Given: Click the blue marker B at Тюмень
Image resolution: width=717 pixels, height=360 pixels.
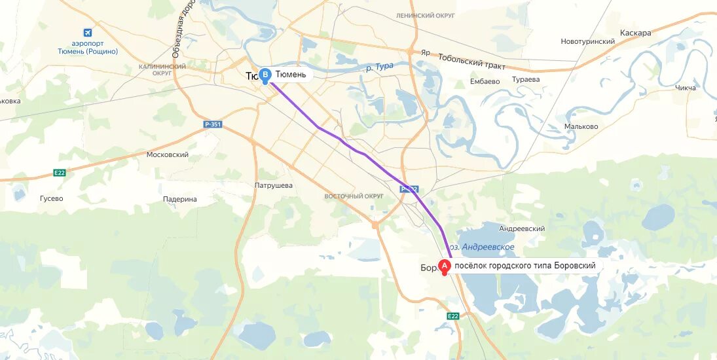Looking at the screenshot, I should click(265, 75).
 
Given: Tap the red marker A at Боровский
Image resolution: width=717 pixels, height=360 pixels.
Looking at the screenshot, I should click(445, 266).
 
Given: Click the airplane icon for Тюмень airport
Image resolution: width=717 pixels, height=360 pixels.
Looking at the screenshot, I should click(88, 32).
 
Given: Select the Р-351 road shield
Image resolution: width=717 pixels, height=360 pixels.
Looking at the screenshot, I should click(211, 123).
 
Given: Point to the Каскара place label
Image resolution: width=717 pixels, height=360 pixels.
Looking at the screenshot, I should click(635, 33).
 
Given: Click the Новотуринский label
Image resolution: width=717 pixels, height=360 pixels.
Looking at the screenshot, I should click(587, 41).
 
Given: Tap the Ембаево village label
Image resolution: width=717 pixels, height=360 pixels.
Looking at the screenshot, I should click(485, 82).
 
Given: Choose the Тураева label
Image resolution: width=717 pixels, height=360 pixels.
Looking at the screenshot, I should click(526, 79).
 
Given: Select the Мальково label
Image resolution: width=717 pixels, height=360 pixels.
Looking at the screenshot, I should click(581, 126).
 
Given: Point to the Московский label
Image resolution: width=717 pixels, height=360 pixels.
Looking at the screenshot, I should click(168, 155).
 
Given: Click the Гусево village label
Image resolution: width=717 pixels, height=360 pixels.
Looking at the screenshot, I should click(51, 198).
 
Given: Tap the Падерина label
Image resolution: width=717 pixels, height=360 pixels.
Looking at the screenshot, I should click(179, 199).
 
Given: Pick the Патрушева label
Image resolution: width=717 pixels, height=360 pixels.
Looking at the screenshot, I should click(273, 185).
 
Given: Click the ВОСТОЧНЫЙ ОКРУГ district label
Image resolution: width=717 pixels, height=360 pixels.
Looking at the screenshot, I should click(354, 196).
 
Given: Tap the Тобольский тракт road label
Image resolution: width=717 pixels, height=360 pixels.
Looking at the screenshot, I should click(471, 62).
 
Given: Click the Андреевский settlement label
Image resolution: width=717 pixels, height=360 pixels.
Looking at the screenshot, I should click(522, 228).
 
